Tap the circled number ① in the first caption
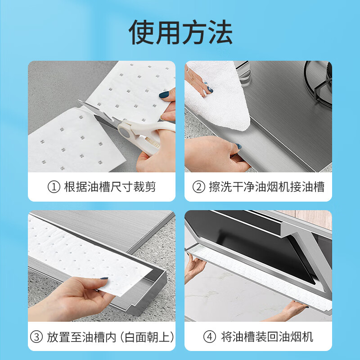[54, 187]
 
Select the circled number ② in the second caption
[198, 187]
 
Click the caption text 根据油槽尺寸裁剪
[110, 187]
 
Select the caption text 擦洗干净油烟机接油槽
[266, 187]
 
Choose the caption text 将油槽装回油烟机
[267, 337]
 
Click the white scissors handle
[135, 133]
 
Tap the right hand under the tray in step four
[292, 310]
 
